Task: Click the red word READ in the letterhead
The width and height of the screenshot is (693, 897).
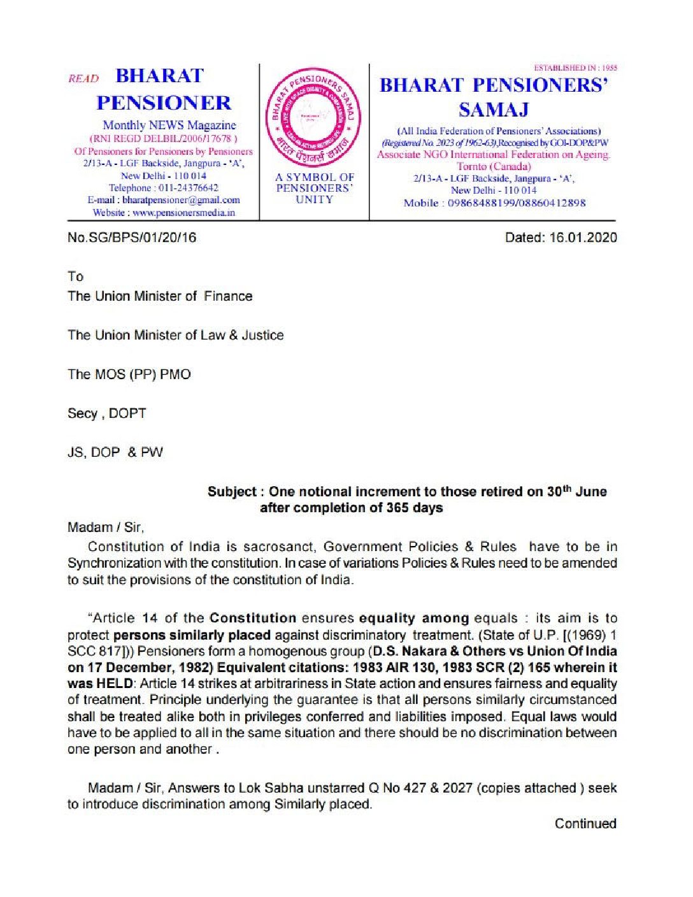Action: point(83,79)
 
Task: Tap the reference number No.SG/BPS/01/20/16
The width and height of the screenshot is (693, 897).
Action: point(132,238)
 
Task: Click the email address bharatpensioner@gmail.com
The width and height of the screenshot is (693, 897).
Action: point(181,200)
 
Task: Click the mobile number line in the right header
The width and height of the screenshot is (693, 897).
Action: point(494,203)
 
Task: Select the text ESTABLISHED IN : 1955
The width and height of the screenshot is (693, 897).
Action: point(575,68)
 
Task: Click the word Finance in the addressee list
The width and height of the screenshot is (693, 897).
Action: point(228,296)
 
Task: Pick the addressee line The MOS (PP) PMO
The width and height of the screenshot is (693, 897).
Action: point(129,375)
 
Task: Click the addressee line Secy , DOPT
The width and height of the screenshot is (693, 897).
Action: point(107,413)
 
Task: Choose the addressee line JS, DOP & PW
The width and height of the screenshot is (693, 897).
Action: point(115,452)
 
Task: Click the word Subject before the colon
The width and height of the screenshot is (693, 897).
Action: point(232,492)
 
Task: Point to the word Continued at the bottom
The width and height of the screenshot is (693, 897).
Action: point(585,824)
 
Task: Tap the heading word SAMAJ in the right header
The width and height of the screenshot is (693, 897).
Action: point(494,110)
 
